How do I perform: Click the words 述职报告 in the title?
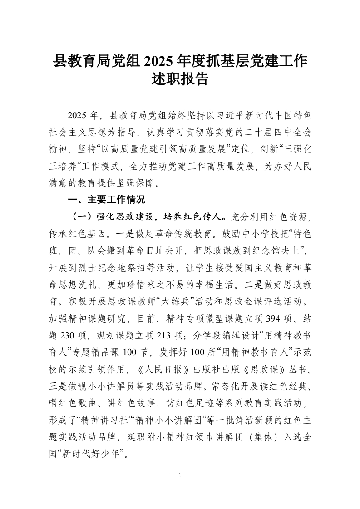[x=180, y=79]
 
